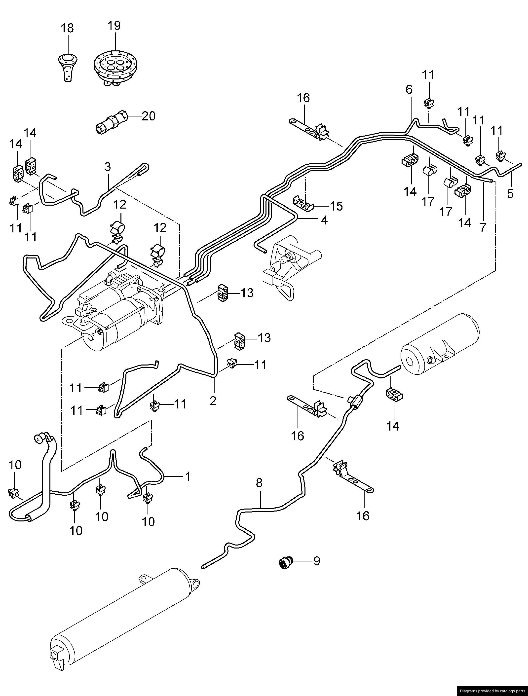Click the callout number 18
tap(67, 28)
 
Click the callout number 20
tap(149, 116)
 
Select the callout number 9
tap(317, 561)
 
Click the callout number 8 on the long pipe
tap(259, 483)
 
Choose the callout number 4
tap(324, 220)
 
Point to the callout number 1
tap(188, 476)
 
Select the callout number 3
tap(108, 167)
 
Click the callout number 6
tap(409, 90)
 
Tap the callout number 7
tap(483, 227)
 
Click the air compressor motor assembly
tap(116, 312)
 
